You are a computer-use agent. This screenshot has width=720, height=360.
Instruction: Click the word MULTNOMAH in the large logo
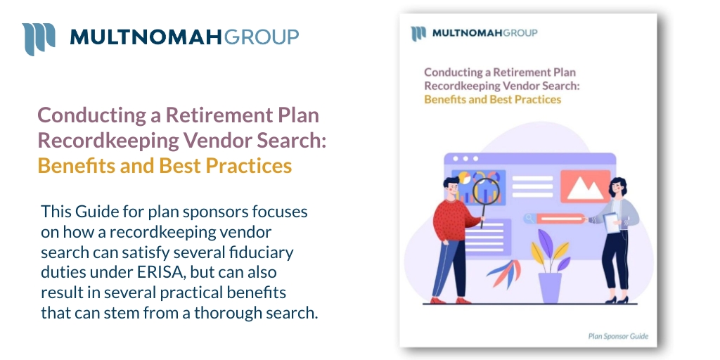coord(146,37)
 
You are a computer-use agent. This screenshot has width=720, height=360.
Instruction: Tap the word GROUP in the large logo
coord(261,37)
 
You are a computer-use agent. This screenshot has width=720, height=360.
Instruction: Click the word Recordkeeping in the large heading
coord(107,141)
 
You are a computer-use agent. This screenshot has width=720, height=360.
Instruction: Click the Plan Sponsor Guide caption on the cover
coord(617,336)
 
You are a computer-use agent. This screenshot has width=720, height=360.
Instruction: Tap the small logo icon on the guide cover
coord(418,33)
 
